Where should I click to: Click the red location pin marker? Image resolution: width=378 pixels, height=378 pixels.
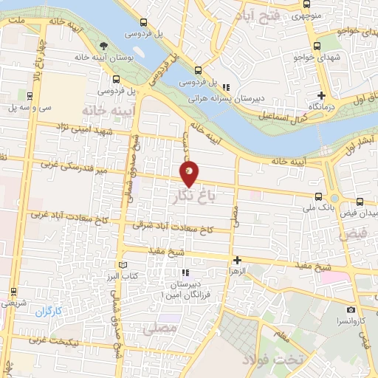[190, 174]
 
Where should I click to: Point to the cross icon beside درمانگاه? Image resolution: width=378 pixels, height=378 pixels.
[321, 95]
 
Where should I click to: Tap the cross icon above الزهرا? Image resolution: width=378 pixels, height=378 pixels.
[237, 260]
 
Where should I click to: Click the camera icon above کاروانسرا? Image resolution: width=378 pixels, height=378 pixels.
[351, 310]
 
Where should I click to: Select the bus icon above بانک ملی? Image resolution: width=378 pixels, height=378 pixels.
[318, 196]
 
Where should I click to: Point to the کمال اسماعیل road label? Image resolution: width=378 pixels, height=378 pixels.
[281, 117]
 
